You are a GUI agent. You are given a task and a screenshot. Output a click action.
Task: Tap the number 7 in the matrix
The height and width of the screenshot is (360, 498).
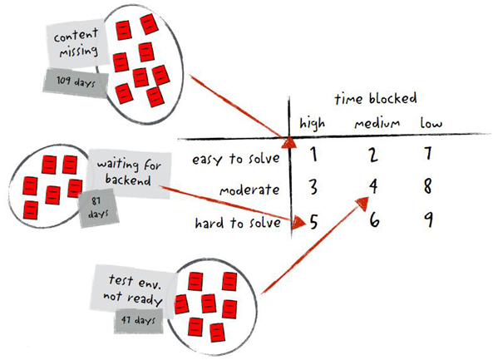(427, 154)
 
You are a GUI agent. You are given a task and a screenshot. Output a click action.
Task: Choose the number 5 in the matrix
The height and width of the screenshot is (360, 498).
(313, 222)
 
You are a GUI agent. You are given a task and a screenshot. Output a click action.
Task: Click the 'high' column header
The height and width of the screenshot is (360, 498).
(313, 124)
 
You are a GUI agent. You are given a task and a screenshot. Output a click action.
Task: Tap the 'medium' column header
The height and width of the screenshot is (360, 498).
(377, 124)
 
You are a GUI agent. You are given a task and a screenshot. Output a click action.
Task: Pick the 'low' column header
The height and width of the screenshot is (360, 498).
(431, 124)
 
